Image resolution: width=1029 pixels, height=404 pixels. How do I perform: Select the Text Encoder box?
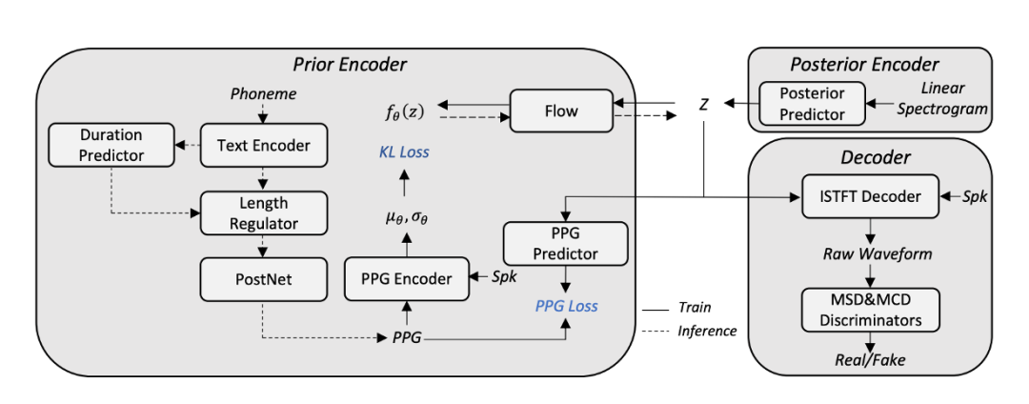pyautogui.click(x=263, y=146)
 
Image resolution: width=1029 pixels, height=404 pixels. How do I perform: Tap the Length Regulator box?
pyautogui.click(x=263, y=212)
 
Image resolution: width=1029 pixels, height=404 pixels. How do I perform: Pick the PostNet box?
pyautogui.click(x=263, y=279)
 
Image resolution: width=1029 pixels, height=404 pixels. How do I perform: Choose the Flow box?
pyautogui.click(x=561, y=111)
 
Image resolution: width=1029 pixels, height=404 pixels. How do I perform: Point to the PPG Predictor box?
pyautogui.click(x=565, y=243)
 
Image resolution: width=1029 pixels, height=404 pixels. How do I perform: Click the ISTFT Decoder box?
pyautogui.click(x=871, y=196)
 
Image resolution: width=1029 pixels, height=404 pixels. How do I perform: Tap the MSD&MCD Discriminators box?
pyautogui.click(x=871, y=310)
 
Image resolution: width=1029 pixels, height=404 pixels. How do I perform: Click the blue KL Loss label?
pyautogui.click(x=401, y=152)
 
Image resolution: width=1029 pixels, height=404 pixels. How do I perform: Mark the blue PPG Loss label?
pyautogui.click(x=566, y=307)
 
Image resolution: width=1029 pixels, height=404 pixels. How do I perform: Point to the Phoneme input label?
pyautogui.click(x=264, y=94)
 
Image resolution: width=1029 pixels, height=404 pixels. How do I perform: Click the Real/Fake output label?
pyautogui.click(x=871, y=360)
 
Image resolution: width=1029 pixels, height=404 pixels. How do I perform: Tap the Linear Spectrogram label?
pyautogui.click(x=942, y=99)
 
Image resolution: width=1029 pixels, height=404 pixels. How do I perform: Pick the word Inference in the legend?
pyautogui.click(x=707, y=331)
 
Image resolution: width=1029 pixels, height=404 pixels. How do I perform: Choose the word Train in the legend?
pyautogui.click(x=695, y=308)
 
